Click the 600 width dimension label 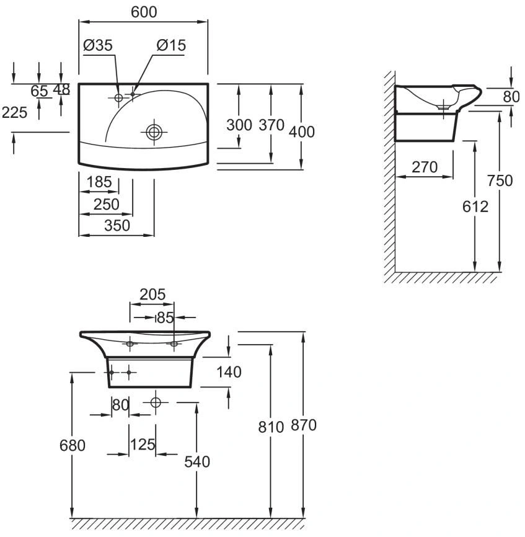144,12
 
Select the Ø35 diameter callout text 98,45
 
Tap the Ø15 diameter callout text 171,45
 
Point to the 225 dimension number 14,112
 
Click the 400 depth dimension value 301,132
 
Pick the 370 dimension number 271,125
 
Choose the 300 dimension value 239,125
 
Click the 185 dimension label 99,182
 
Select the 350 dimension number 117,225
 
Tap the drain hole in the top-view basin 154,132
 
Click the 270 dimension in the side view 425,167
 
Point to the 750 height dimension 500,180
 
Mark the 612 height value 475,206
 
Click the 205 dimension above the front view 152,294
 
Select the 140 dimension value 229,371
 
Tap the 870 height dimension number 304,425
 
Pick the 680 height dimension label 73,446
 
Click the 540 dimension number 196,461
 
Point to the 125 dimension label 143,445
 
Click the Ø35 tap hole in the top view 118,97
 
